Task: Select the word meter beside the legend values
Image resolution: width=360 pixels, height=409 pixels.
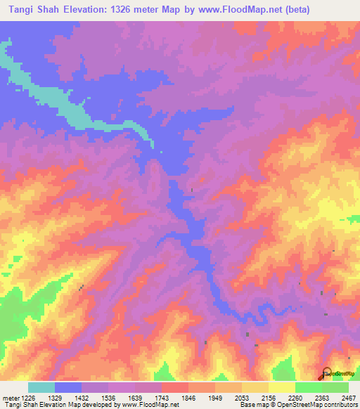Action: (x=10, y=398)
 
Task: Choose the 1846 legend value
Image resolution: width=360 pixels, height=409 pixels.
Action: (x=188, y=398)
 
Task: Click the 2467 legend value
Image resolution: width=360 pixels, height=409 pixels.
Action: (x=349, y=398)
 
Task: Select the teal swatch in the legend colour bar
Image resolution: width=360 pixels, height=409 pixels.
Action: (x=41, y=387)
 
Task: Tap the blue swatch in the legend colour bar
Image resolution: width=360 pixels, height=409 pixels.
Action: (x=68, y=387)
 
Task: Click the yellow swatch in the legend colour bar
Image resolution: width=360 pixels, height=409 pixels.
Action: (x=282, y=387)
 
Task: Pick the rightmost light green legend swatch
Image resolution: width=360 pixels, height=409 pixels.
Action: (x=335, y=387)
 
